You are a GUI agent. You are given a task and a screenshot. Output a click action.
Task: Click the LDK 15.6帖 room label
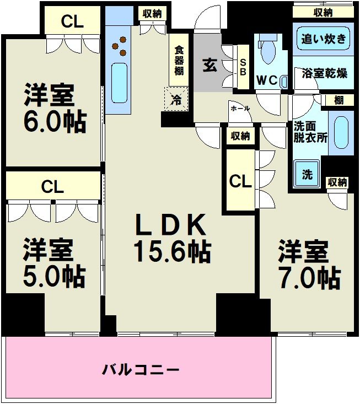tap(171, 238)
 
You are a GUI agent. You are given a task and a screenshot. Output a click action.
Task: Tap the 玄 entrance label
tap(209, 65)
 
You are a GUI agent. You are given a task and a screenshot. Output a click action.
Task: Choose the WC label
tap(266, 79)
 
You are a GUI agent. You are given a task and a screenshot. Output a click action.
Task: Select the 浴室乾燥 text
tap(325, 73)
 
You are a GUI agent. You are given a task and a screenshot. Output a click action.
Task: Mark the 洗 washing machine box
tap(307, 174)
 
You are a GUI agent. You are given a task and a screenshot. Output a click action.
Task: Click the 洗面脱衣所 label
tap(310, 131)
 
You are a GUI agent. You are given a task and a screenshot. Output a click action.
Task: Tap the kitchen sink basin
tap(119, 83)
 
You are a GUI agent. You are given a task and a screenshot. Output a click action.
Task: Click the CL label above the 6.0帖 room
tap(72, 21)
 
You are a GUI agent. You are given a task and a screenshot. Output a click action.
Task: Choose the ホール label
tap(240, 109)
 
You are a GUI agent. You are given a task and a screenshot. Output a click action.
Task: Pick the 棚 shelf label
tap(338, 100)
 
